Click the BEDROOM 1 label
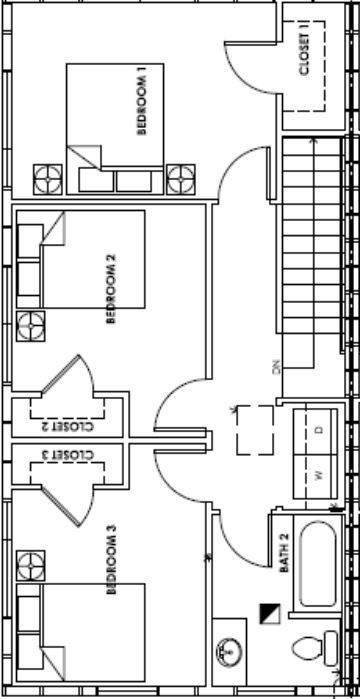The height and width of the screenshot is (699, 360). pyautogui.click(x=142, y=105)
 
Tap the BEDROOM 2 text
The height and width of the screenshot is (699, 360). pyautogui.click(x=111, y=289)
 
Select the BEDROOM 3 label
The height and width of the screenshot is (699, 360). pyautogui.click(x=111, y=560)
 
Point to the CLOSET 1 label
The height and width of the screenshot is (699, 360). pyautogui.click(x=304, y=54)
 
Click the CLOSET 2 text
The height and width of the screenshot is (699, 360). pyautogui.click(x=68, y=426)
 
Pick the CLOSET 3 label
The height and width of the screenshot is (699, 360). pyautogui.click(x=68, y=455)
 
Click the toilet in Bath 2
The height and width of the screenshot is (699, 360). pyautogui.click(x=315, y=647)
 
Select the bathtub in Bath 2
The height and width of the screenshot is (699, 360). pyautogui.click(x=318, y=564)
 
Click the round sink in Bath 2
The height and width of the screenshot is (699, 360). pyautogui.click(x=229, y=652)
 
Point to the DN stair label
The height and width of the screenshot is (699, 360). pyautogui.click(x=277, y=366)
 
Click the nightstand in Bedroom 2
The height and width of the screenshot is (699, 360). pyautogui.click(x=31, y=326)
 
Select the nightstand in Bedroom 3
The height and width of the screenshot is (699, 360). pyautogui.click(x=31, y=566)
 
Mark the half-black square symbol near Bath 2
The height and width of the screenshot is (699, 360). pyautogui.click(x=270, y=613)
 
